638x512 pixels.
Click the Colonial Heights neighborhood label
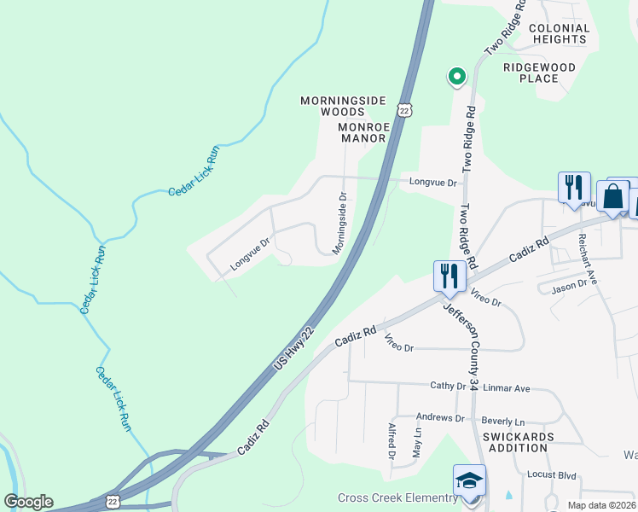(x=560, y=33)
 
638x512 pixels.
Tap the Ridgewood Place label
(x=542, y=73)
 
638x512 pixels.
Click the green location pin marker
(x=457, y=77)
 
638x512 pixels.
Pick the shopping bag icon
(x=612, y=196)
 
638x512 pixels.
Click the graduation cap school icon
(x=469, y=481)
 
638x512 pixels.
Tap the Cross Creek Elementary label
(x=397, y=498)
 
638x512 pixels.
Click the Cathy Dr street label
(x=448, y=386)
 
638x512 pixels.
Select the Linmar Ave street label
(x=507, y=388)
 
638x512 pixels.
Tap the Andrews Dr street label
(x=439, y=418)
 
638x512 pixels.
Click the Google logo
(x=28, y=502)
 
